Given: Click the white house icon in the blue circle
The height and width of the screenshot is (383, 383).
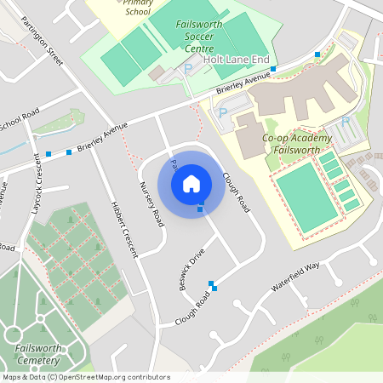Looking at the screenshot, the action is (x=191, y=182).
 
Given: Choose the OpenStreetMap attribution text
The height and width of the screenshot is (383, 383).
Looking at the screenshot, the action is (x=85, y=377).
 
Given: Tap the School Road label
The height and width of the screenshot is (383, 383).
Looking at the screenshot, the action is (x=19, y=122).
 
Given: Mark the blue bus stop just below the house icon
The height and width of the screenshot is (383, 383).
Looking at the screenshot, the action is (x=200, y=209).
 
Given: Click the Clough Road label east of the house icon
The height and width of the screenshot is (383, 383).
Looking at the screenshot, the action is (x=237, y=192).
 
